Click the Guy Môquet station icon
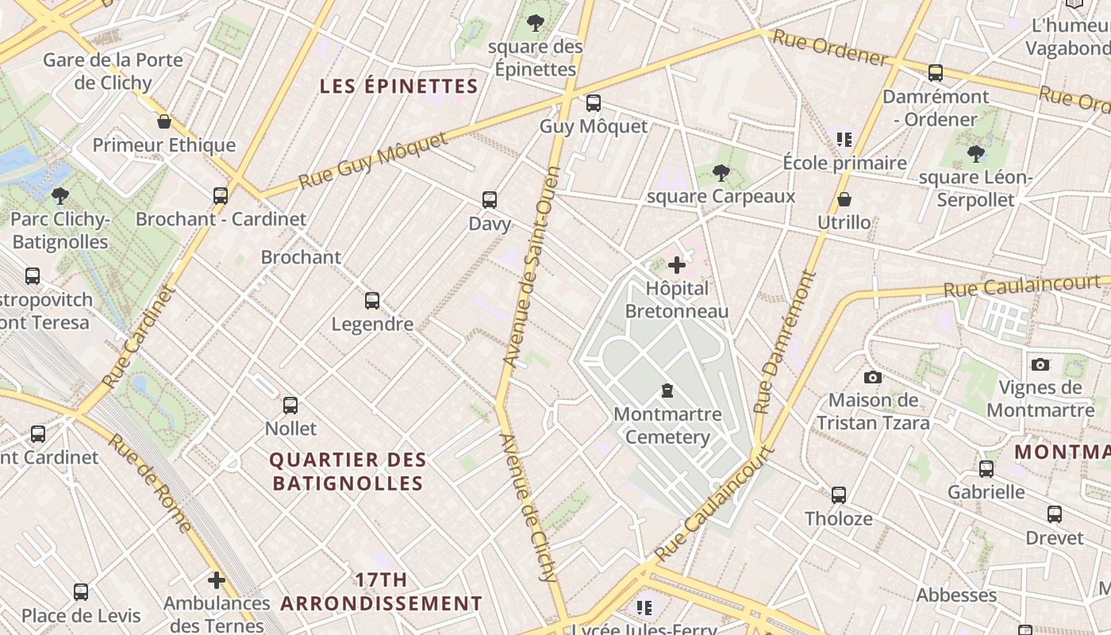tap(593, 103)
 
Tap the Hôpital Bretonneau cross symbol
tap(677, 265)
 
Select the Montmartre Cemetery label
tap(667, 425)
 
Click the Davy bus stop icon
tap(490, 200)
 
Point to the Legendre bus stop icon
tap(372, 301)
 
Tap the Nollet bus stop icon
tap(290, 406)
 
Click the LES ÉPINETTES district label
tap(398, 87)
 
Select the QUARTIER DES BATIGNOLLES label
tap(348, 471)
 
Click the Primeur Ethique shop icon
tap(164, 121)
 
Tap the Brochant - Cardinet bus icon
tap(221, 195)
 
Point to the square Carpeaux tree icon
tap(721, 172)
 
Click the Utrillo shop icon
tap(844, 198)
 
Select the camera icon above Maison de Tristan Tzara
tap(873, 377)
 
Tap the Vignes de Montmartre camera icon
tap(1040, 364)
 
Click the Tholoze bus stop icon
tap(838, 495)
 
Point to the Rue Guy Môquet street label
tap(373, 161)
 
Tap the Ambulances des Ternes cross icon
tap(216, 580)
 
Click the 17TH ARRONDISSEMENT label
tap(381, 591)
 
